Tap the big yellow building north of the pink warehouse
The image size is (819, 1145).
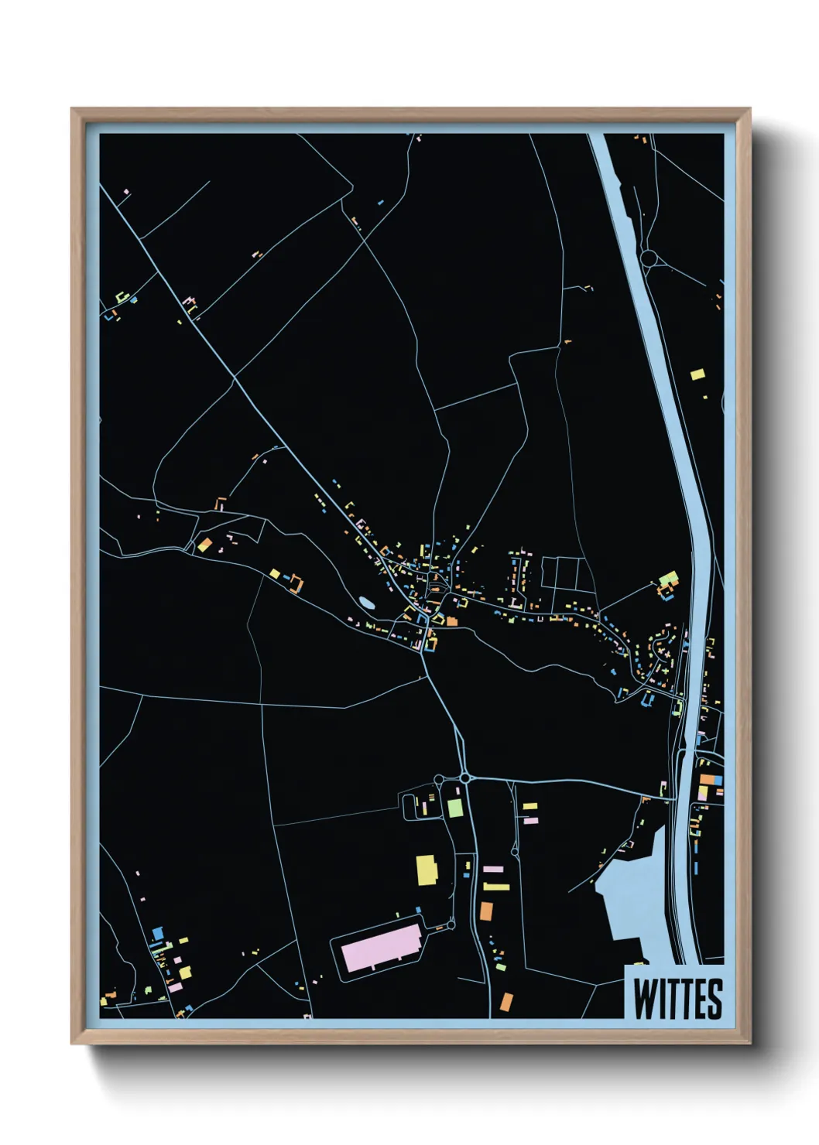(x=427, y=870)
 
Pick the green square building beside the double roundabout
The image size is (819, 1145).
(x=455, y=808)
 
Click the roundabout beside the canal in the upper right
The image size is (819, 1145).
(x=649, y=258)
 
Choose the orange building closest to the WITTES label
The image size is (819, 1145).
(x=506, y=1002)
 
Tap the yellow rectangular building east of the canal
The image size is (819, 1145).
(x=697, y=374)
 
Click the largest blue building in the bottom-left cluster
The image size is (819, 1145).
(x=158, y=934)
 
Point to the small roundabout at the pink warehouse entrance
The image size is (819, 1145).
(x=451, y=925)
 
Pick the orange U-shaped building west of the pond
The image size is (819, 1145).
(x=294, y=583)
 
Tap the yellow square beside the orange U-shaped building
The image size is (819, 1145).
(x=275, y=573)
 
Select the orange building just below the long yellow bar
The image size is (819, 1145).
(x=486, y=911)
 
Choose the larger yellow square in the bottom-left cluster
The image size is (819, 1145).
(x=185, y=971)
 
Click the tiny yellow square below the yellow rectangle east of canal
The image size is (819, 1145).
(x=705, y=397)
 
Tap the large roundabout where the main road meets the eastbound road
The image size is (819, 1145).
(x=465, y=777)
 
